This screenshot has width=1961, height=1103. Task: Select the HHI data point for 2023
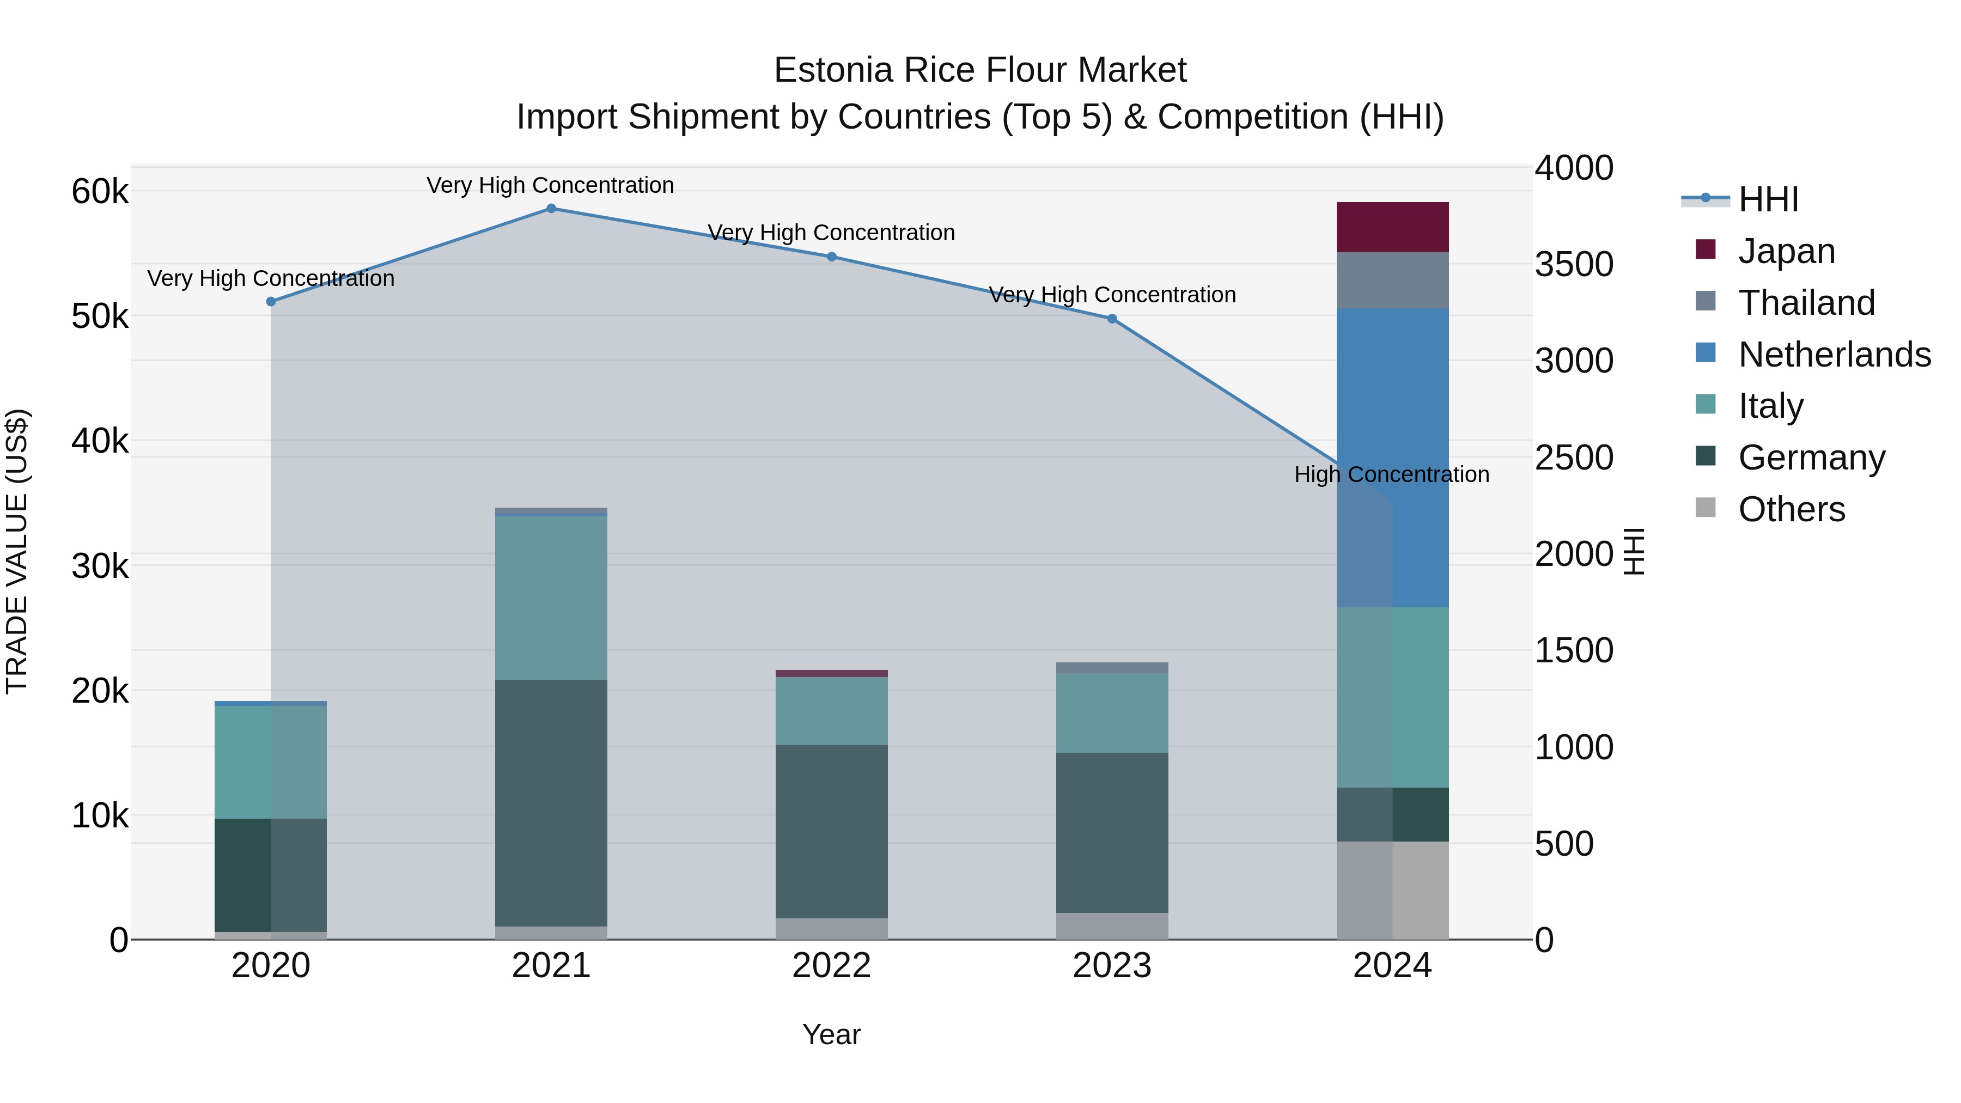click(x=1111, y=319)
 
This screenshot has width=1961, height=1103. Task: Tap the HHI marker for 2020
click(x=271, y=301)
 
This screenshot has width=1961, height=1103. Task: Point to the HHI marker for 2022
click(x=831, y=257)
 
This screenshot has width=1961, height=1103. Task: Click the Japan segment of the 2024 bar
click(x=1392, y=227)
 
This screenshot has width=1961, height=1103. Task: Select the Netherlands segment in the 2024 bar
click(x=1392, y=457)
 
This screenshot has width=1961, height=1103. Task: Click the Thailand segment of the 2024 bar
click(x=1392, y=280)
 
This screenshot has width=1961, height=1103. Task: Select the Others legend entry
click(x=1791, y=509)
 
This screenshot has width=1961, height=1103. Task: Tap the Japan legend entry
click(x=1786, y=251)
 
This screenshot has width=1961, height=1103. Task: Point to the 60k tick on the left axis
click(x=100, y=192)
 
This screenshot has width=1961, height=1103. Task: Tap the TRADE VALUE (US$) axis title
click(x=17, y=551)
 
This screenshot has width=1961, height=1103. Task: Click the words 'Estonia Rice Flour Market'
click(x=980, y=71)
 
